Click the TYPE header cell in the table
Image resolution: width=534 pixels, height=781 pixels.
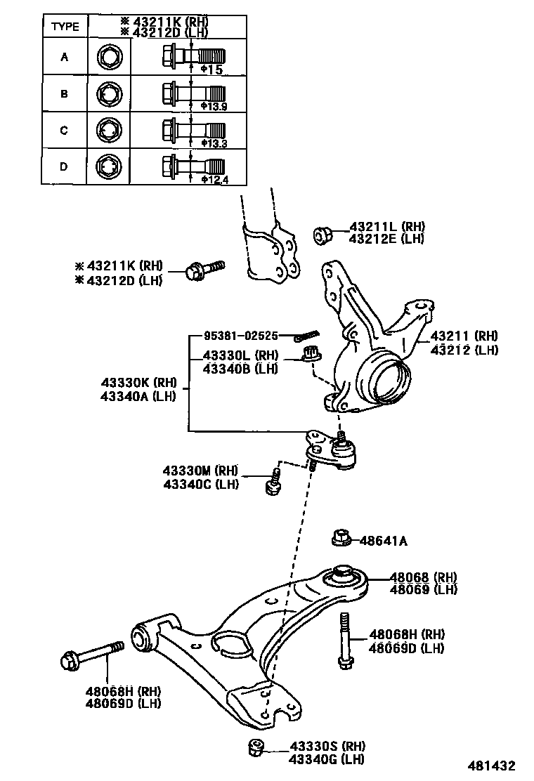click(64, 27)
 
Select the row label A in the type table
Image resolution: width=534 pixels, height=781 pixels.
click(64, 57)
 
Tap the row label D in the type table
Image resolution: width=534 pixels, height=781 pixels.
click(64, 166)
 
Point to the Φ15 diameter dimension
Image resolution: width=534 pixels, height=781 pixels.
click(211, 70)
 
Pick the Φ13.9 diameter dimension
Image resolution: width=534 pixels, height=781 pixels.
click(214, 106)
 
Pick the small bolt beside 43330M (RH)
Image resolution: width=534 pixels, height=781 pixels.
click(273, 483)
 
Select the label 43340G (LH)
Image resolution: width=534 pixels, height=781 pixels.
click(327, 759)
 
